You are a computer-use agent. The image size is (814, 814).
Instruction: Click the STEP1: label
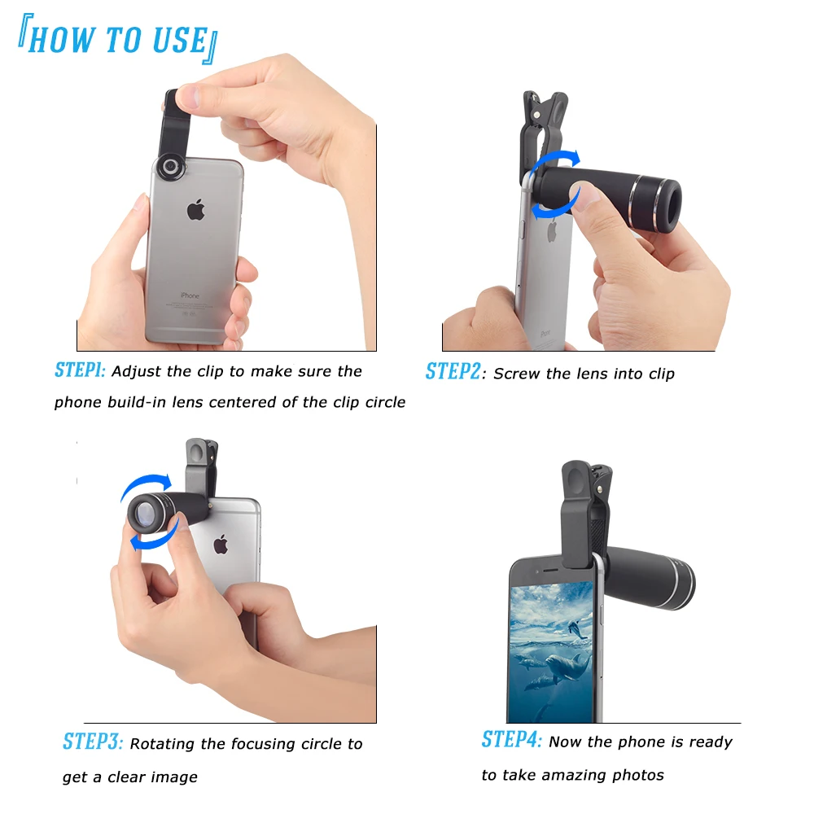pos(80,370)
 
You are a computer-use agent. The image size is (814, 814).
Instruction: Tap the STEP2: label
pos(453,372)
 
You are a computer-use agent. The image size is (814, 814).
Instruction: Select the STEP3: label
pos(93,742)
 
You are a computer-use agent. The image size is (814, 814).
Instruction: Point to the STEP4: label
pos(511,740)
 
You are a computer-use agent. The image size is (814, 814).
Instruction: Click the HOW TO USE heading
pos(118,40)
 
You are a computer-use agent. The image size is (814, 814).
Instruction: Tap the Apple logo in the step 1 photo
pos(195,211)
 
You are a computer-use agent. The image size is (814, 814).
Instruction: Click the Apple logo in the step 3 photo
pos(220,544)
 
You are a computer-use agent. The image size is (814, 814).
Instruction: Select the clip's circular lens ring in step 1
pos(172,167)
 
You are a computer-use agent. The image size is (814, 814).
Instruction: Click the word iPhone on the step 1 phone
pos(190,295)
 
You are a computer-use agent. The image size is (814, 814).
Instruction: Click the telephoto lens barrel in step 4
pos(651,578)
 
